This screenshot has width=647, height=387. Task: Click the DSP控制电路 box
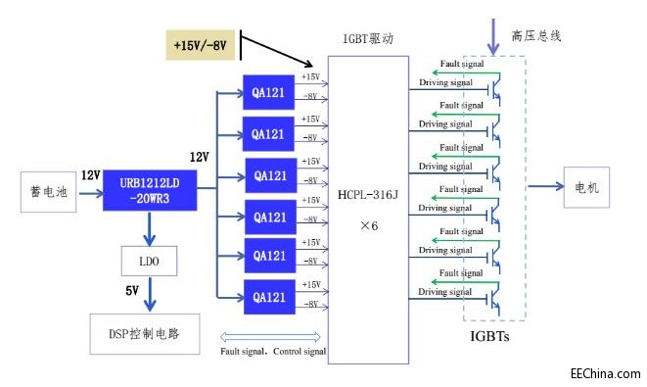tap(148, 334)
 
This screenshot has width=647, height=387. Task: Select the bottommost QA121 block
tap(270, 296)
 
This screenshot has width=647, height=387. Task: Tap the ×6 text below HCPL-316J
tap(367, 224)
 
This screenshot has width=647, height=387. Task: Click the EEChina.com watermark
tap(604, 373)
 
